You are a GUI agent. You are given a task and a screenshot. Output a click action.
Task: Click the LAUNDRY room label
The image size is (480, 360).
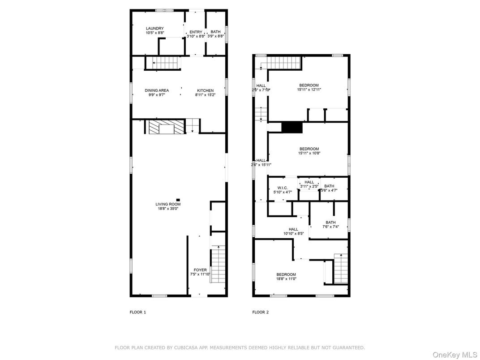tap(154, 29)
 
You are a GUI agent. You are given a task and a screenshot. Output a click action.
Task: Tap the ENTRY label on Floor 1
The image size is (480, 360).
tap(196, 32)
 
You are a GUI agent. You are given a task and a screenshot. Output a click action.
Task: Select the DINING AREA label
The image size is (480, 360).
tap(157, 90)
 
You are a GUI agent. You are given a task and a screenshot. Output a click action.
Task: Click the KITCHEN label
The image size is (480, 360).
tap(205, 90)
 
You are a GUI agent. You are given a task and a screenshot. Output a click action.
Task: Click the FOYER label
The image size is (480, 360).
tap(200, 270)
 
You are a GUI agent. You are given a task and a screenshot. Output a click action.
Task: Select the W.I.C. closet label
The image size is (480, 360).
tap(282, 188)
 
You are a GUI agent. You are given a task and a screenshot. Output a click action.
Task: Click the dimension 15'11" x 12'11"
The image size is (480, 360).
tap(309, 90)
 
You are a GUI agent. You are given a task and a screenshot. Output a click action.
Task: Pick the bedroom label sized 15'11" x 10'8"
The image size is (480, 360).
tap(309, 149)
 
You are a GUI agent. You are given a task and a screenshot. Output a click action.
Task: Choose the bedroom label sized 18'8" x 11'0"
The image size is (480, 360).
tap(286, 274)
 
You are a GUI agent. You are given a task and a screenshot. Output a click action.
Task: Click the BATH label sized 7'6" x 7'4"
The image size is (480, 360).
tap(330, 223)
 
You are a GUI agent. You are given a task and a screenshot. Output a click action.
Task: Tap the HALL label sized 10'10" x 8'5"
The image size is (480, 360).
tap(293, 229)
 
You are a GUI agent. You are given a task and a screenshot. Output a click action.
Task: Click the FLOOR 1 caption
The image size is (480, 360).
tap(138, 312)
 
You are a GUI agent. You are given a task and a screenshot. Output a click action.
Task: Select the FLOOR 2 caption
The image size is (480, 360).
tap(261, 312)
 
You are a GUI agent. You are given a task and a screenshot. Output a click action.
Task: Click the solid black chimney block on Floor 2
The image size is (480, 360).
tap(292, 128)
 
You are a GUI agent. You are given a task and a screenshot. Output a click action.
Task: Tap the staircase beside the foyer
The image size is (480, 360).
tap(218, 264)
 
